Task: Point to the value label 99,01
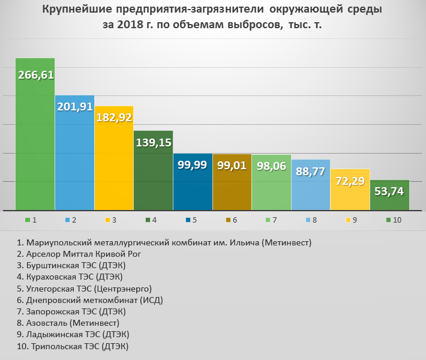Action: pyautogui.click(x=232, y=165)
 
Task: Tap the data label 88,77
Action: pyautogui.click(x=310, y=171)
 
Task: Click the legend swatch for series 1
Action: pyautogui.click(x=28, y=220)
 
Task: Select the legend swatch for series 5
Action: pyautogui.click(x=188, y=220)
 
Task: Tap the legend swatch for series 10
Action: pyautogui.click(x=388, y=220)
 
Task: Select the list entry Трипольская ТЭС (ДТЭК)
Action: pyautogui.click(x=73, y=346)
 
